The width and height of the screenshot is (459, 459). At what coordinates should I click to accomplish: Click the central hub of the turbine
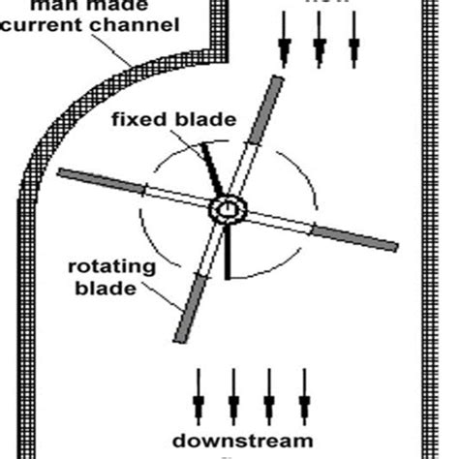tap(229, 209)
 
